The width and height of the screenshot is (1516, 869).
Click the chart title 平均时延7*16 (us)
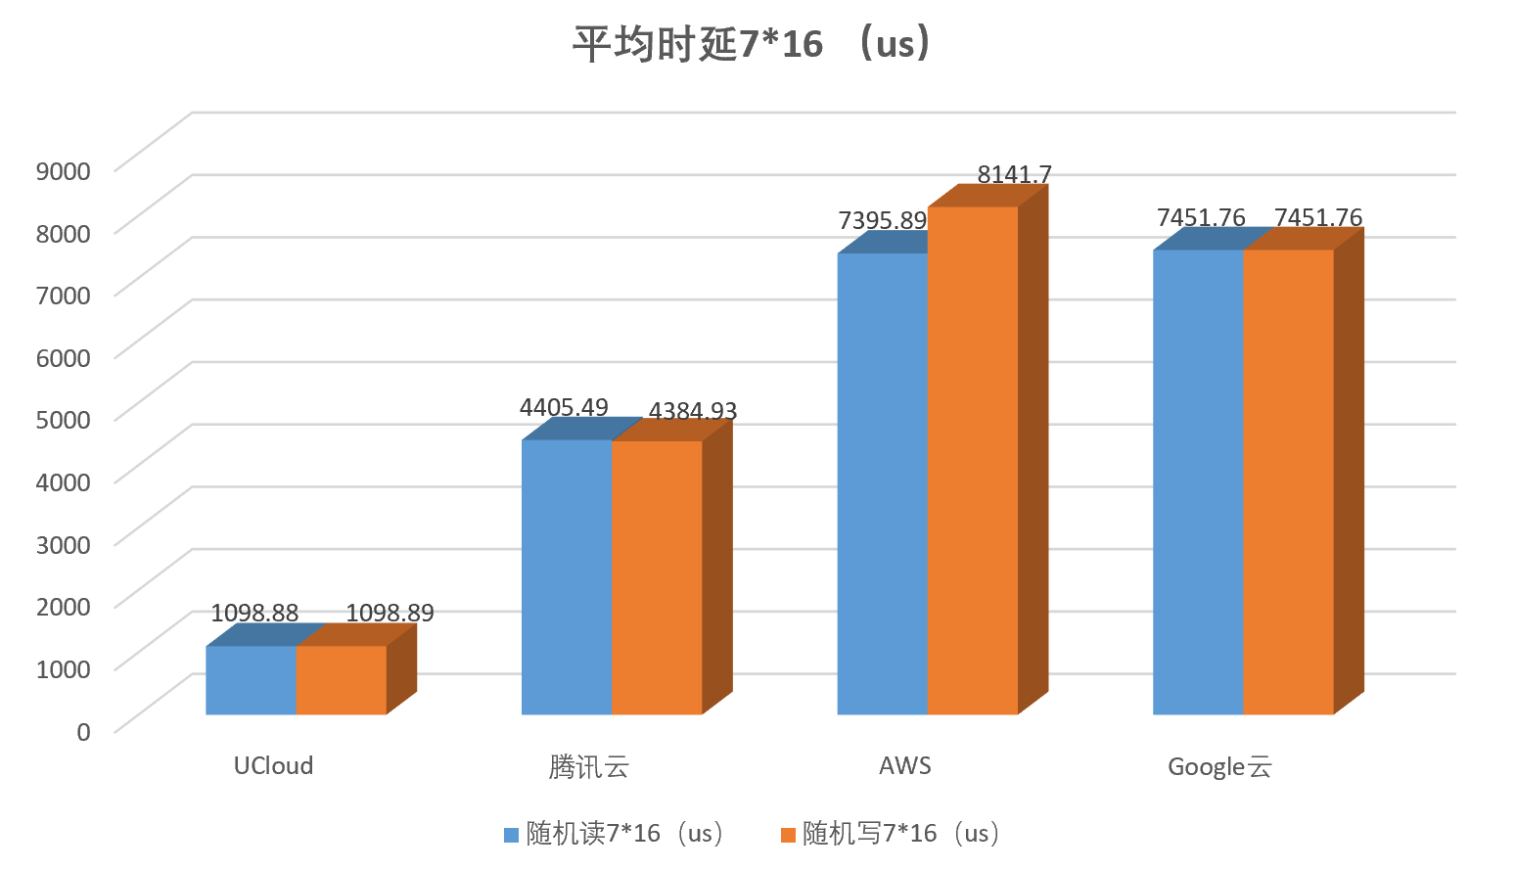pos(752,44)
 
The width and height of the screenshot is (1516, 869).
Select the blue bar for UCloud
pos(251,680)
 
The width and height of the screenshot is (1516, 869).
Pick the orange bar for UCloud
pos(341,680)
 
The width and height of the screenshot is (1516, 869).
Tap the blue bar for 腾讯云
pos(567,577)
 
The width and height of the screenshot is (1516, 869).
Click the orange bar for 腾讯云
pos(657,577)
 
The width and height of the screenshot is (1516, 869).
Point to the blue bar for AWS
pos(882,484)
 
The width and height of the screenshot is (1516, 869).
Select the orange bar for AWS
pos(973,460)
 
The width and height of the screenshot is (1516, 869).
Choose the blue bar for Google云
pos(1198,482)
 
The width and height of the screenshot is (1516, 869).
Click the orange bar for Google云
pos(1288,482)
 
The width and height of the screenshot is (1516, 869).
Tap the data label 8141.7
pos(1014,174)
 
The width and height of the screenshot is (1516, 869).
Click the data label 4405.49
pos(564,407)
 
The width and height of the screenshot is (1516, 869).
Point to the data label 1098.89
pos(390,613)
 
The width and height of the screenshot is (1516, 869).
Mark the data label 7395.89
pos(882,220)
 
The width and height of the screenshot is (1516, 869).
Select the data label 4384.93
pos(693,411)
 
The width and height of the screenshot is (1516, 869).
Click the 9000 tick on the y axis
pos(63,170)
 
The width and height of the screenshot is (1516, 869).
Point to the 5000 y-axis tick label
pos(63,419)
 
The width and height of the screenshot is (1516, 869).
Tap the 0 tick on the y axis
pos(83,731)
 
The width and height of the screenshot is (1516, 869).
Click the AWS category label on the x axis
pos(905,765)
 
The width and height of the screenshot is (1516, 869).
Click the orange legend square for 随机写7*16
pos(788,835)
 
